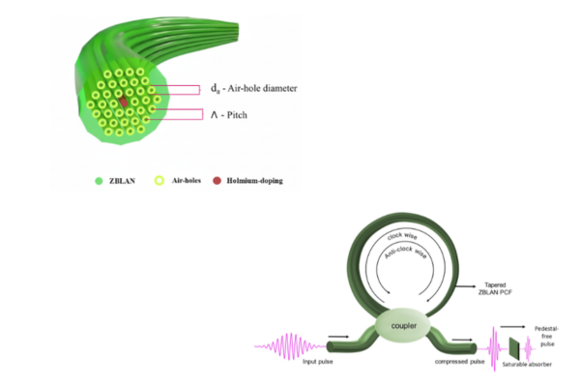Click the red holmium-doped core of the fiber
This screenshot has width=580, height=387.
124,101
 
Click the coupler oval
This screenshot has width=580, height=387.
405,324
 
